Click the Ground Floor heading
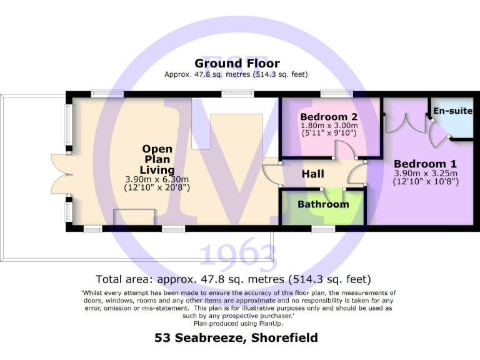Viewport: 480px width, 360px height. pyautogui.click(x=237, y=63)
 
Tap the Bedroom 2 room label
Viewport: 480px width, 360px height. pyautogui.click(x=329, y=117)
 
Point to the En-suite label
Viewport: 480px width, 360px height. pyautogui.click(x=452, y=111)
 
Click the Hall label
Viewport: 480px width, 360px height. pyautogui.click(x=313, y=174)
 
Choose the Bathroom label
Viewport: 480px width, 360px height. pyautogui.click(x=323, y=204)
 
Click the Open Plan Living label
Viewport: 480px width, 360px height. pyautogui.click(x=157, y=159)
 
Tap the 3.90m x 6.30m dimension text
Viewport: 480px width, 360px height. pyautogui.click(x=157, y=179)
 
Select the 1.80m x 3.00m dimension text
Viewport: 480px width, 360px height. pyautogui.click(x=329, y=126)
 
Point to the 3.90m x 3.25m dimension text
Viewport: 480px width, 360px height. pyautogui.click(x=426, y=173)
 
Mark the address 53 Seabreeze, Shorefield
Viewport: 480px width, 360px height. pyautogui.click(x=236, y=338)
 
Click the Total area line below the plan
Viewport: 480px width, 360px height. pyautogui.click(x=234, y=279)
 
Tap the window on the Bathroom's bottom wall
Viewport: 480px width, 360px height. pyautogui.click(x=322, y=229)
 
